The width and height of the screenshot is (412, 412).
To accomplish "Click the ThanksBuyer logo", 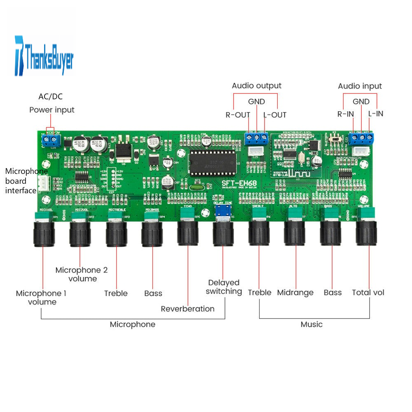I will (x=44, y=56).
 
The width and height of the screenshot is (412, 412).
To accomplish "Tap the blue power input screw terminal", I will (x=51, y=140).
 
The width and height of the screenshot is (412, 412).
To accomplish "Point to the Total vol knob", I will (x=366, y=232).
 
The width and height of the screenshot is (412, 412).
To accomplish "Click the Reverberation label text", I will (x=187, y=309).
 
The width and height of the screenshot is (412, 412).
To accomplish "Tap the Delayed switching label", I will (x=224, y=287).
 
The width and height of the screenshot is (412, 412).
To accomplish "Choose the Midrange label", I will (x=295, y=293).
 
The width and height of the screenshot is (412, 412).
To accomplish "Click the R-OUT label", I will (x=238, y=115).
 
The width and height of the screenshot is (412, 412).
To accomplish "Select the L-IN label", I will (x=375, y=113).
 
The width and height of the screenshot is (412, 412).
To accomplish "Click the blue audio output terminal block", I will (x=257, y=138).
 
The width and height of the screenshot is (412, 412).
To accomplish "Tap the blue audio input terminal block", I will (x=361, y=138).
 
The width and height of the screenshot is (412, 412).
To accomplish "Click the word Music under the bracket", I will (x=311, y=324).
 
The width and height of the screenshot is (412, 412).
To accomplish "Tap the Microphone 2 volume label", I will (x=82, y=274).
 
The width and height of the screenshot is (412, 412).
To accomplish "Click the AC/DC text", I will (x=51, y=97).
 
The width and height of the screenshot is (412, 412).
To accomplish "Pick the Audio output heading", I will (x=256, y=86).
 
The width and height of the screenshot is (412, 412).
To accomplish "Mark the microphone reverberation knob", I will (x=187, y=233).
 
